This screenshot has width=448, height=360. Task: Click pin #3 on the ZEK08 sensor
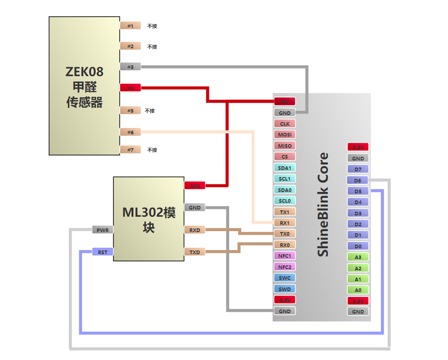(131, 67)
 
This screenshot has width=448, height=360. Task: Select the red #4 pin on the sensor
(131, 88)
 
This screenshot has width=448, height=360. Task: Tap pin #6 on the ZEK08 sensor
(131, 132)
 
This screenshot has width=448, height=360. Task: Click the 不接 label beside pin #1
(152, 26)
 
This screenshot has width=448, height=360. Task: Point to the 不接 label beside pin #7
(152, 150)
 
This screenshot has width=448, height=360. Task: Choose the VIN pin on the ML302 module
(195, 186)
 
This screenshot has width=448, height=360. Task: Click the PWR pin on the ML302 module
(103, 230)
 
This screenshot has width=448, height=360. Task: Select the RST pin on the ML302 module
(103, 252)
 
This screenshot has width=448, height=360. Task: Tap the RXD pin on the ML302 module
(195, 230)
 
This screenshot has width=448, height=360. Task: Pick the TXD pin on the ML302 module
(195, 252)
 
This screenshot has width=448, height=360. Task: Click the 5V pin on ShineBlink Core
(285, 101)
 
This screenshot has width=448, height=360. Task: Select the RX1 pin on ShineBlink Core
(285, 223)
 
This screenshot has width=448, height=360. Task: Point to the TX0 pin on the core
(285, 234)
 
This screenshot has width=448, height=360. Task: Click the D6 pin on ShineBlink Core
(358, 180)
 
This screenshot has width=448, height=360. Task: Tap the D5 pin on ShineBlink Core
(358, 191)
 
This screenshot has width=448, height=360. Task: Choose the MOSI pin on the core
(285, 134)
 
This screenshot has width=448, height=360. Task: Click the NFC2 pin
(285, 267)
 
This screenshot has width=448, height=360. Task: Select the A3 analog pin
(358, 257)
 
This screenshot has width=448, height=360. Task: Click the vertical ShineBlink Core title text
(323, 205)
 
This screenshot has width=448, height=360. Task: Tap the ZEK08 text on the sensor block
(84, 72)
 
